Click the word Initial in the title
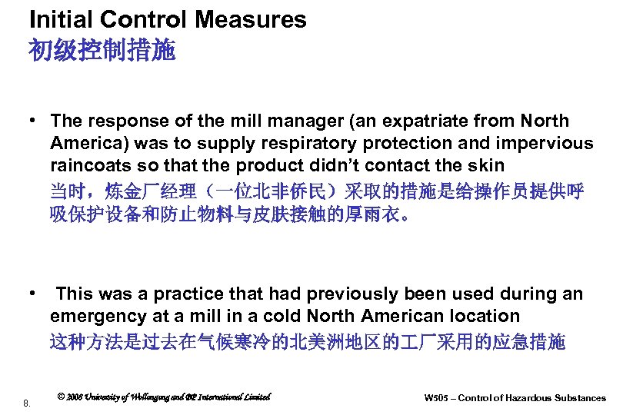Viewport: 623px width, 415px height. tap(56, 19)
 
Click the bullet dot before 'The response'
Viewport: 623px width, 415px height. tap(34, 121)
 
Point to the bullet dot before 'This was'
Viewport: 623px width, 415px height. tap(34, 294)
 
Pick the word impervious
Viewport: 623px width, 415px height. tap(545, 143)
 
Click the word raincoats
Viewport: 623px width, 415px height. tap(88, 165)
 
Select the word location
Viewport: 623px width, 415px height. tap(487, 316)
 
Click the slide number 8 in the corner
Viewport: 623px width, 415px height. tap(26, 403)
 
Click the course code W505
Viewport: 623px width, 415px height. tap(438, 398)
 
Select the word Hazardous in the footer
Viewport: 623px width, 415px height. tap(536, 398)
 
